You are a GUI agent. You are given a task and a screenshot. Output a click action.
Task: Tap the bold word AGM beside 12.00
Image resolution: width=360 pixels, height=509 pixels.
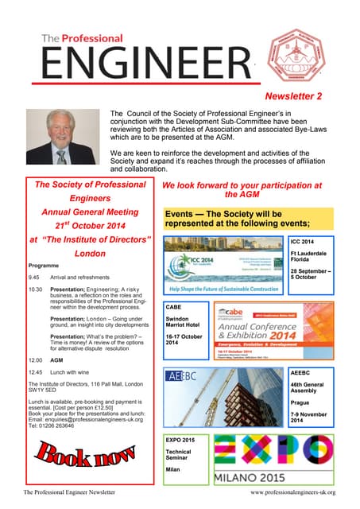point(56,359)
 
